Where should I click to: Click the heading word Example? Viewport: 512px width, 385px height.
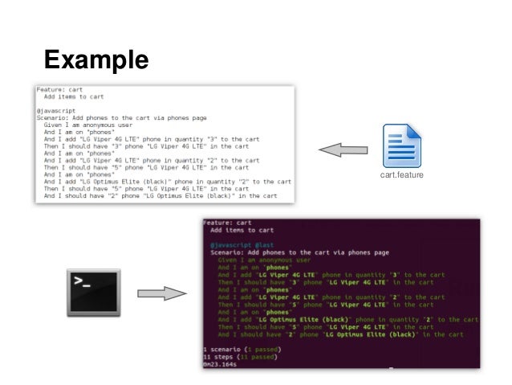95,59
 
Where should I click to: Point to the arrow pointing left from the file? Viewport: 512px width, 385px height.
343,149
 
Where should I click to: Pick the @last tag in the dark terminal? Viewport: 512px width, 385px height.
266,244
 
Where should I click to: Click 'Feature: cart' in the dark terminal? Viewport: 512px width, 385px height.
227,222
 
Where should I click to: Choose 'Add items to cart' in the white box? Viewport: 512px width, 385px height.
74,96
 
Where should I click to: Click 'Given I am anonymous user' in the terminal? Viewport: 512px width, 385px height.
265,260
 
